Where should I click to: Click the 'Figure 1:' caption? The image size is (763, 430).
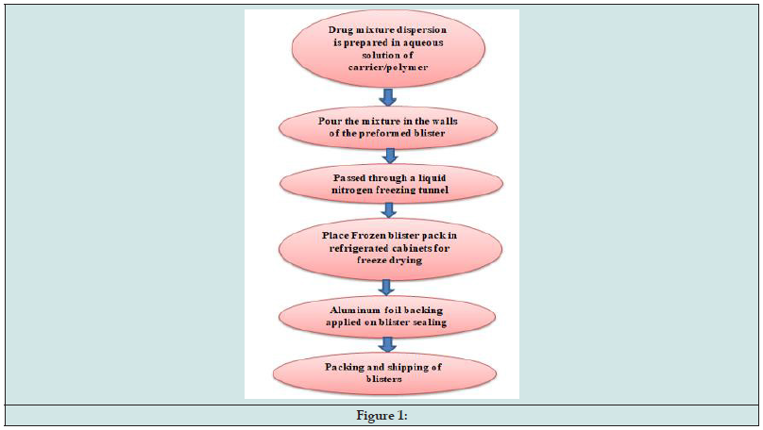click(381, 416)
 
